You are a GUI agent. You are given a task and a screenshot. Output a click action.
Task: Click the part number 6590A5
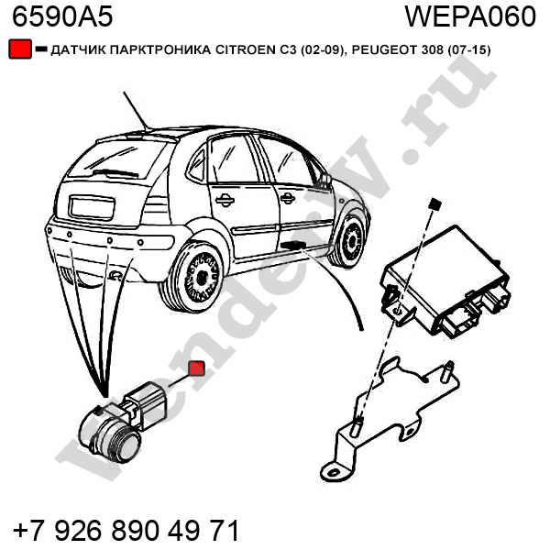click(x=62, y=16)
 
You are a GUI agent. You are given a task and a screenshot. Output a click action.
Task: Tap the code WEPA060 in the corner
click(x=470, y=16)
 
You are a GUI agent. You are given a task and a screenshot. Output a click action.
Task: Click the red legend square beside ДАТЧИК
click(x=20, y=49)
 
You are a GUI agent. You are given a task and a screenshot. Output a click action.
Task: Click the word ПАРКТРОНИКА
click(x=159, y=50)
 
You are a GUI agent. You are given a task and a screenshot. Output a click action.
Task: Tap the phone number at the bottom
click(x=126, y=530)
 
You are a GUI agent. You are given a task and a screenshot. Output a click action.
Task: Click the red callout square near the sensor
click(x=197, y=368)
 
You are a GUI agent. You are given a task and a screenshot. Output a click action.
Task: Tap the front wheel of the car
click(x=349, y=241)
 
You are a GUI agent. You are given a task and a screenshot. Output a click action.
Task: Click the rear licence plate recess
click(x=92, y=208)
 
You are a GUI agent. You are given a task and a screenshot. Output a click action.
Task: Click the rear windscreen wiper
click(x=115, y=173)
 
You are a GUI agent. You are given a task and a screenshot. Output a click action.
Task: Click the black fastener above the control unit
click(x=435, y=203)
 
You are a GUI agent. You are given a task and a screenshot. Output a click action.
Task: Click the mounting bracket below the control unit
click(x=390, y=419)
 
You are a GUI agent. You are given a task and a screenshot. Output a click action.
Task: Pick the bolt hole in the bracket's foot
click(x=332, y=472)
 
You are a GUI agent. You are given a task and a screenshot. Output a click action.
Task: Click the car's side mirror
click(x=324, y=180)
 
